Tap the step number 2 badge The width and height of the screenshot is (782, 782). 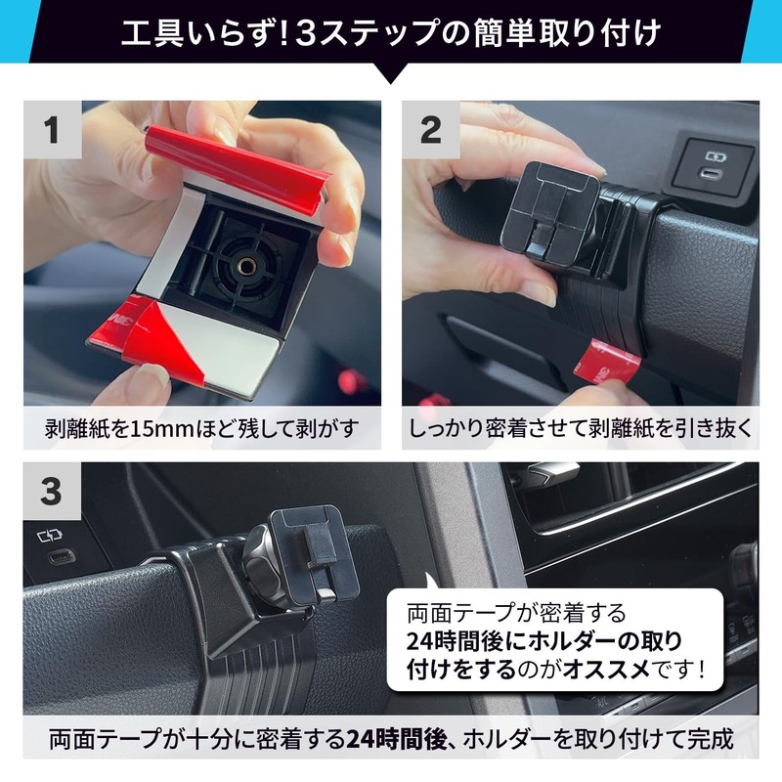[431, 130]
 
